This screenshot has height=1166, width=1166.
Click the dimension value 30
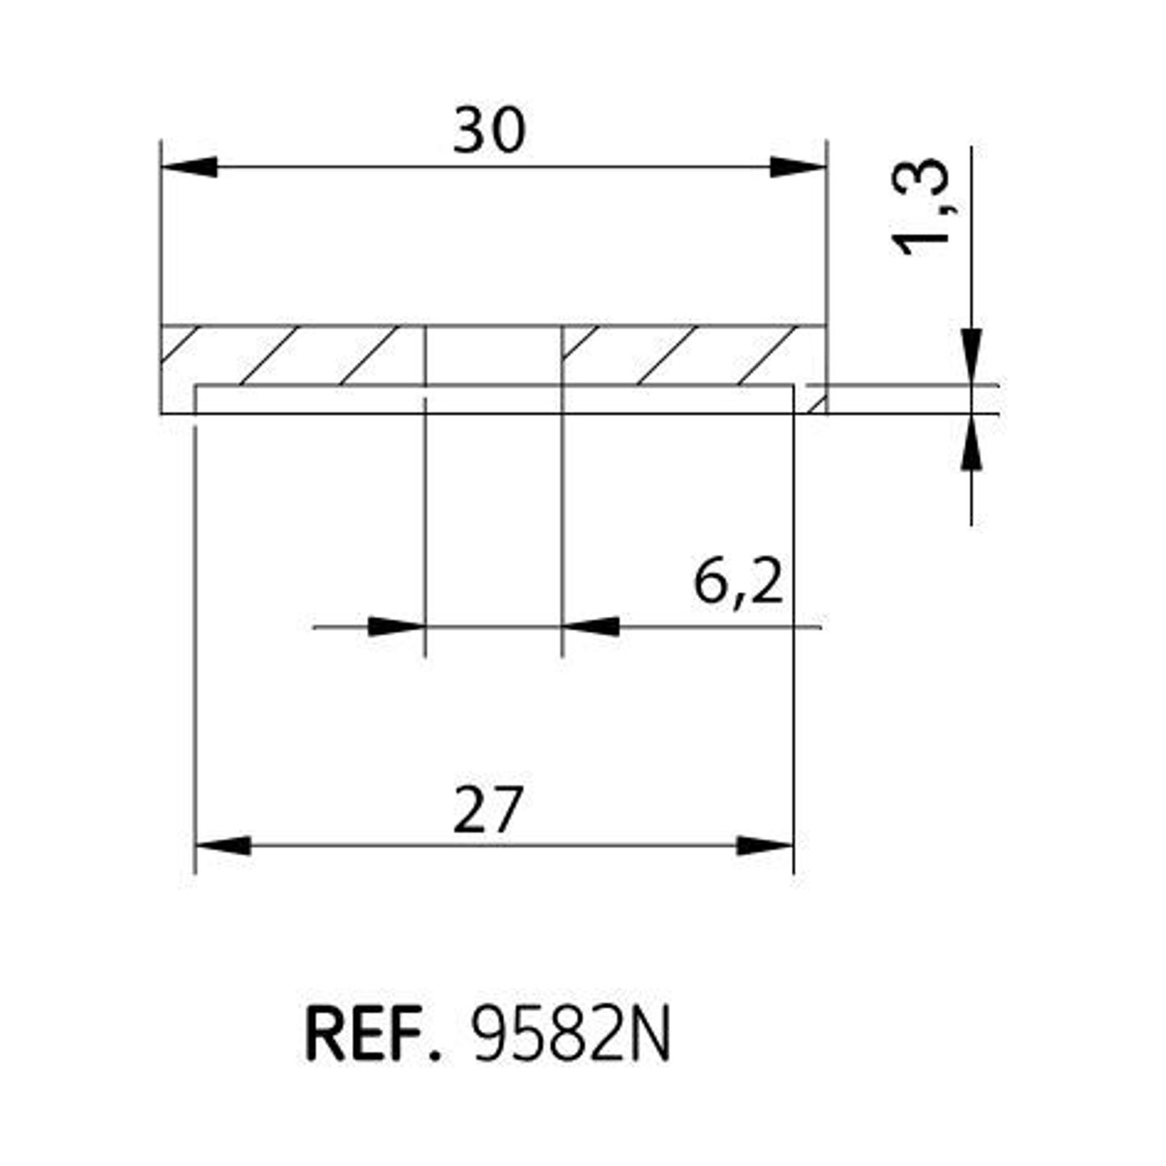489,130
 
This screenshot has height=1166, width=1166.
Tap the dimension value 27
487,811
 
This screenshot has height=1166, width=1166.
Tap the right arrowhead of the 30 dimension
798,167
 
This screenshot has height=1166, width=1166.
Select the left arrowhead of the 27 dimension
223,845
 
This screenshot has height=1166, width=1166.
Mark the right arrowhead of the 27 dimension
765,845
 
